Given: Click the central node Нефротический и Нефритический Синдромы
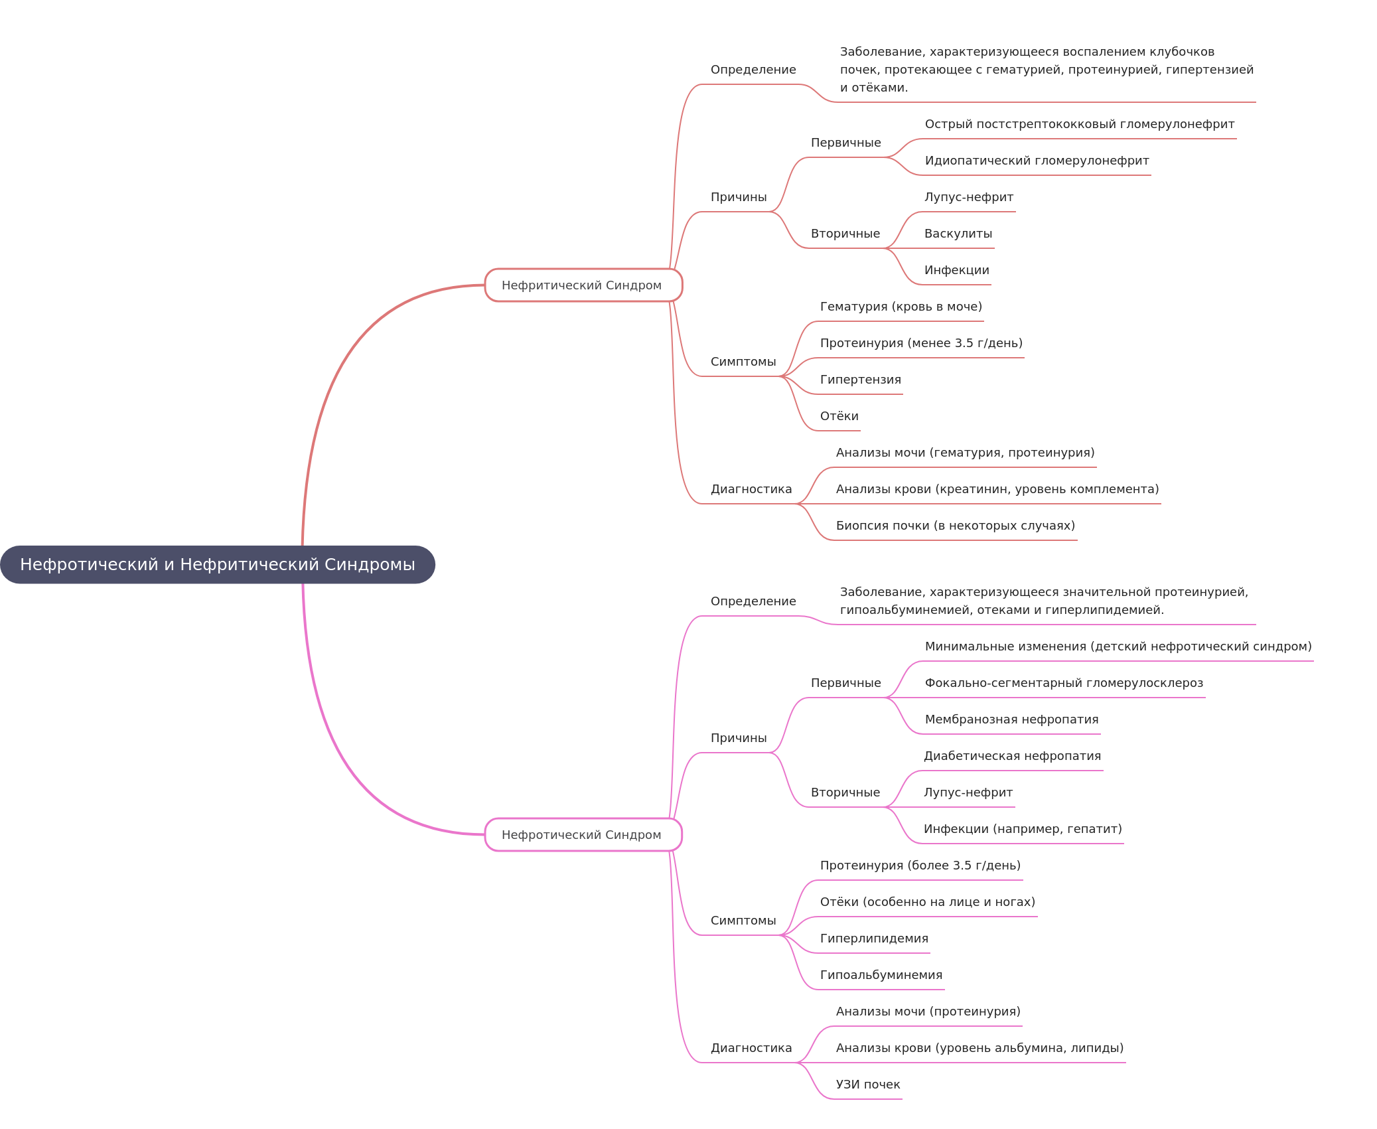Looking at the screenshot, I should pos(217,565).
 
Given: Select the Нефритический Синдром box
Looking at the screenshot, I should pos(583,285).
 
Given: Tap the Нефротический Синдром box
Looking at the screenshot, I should pos(583,835).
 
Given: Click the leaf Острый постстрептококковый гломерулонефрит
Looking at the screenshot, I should pos(1079,124).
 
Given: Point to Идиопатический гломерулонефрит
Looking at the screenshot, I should pos(1037,161).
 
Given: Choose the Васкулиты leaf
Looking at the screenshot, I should pos(958,234).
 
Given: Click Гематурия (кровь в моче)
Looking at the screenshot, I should pos(901,307).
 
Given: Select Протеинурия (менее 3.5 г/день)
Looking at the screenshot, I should pos(920,343).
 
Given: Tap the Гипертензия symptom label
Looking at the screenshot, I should pos(860,380).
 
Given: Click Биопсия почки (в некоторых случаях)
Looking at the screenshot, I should pos(955,526).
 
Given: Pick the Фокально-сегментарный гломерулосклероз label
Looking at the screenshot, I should pos(1063,683).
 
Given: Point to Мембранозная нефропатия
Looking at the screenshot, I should pos(1011,719).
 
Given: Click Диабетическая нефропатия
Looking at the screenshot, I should pos(1012,756).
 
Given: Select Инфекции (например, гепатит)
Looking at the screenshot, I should pos(1022,829).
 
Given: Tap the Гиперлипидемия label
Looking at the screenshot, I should pos(873,939).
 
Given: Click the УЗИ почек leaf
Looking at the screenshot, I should pos(867,1085).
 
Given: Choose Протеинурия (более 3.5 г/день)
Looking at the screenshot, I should pos(920,866).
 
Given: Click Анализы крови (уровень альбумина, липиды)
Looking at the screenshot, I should pos(979,1048).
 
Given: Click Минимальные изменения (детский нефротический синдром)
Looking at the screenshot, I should pos(1118,646).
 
